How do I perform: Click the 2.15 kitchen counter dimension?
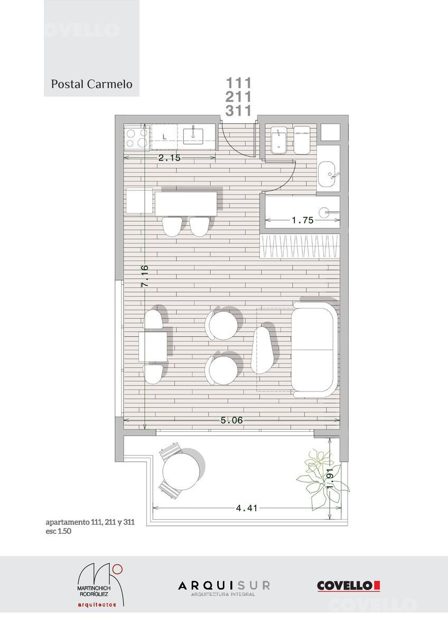point(169,157)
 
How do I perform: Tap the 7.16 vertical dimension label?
point(145,276)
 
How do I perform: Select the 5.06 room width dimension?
point(231,420)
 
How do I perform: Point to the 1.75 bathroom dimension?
point(303,220)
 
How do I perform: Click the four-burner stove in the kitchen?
point(137,138)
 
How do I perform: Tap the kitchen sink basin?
point(193,136)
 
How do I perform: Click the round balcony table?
point(180,472)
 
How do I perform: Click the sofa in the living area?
point(315,350)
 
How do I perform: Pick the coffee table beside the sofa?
point(263,350)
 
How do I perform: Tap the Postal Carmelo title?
point(92,84)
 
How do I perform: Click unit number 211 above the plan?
point(238,97)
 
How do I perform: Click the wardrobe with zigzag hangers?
point(300,246)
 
